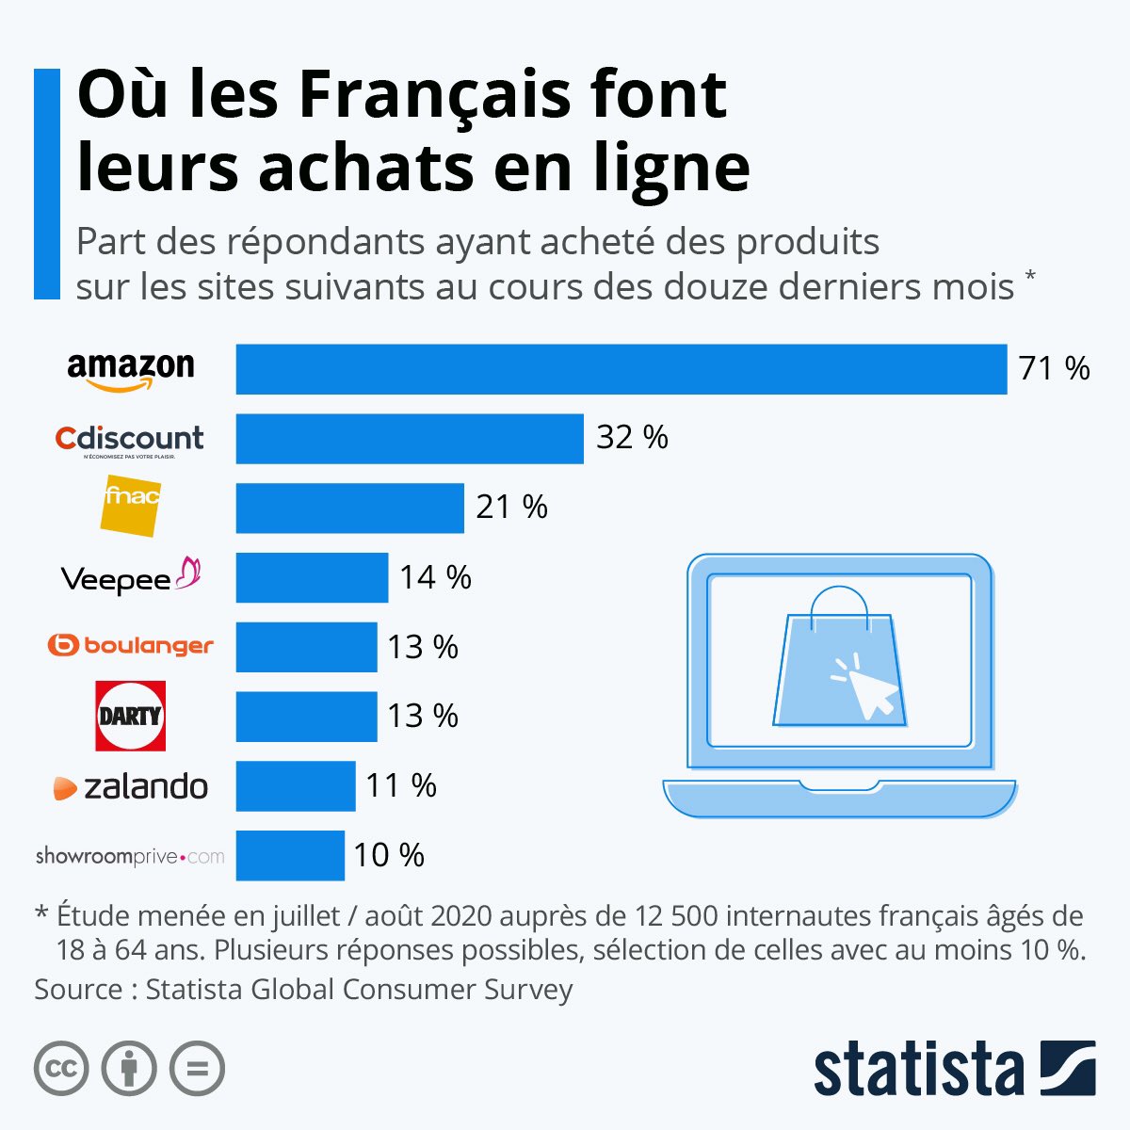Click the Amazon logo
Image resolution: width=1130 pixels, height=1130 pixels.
click(x=131, y=369)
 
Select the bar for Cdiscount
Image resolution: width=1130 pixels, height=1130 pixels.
click(x=410, y=439)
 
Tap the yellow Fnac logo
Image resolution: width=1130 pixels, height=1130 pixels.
click(x=130, y=507)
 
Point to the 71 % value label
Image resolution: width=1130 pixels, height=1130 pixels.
click(x=1054, y=368)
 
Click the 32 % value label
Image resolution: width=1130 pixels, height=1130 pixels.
click(x=632, y=438)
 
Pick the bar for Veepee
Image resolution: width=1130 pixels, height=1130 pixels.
click(x=312, y=577)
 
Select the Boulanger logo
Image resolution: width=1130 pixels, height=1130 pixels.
click(x=131, y=646)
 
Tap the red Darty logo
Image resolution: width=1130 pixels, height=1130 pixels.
click(x=131, y=716)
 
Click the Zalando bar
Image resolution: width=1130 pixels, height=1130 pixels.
click(x=296, y=786)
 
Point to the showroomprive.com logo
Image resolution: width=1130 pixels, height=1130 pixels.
click(x=130, y=856)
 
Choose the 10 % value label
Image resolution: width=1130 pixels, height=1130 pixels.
click(x=389, y=855)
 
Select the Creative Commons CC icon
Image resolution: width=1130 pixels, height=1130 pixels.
click(x=61, y=1069)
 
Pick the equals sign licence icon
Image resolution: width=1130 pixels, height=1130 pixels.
click(x=198, y=1069)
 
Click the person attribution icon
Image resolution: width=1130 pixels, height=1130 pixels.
click(x=129, y=1069)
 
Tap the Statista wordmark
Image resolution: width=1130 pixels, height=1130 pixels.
click(x=918, y=1070)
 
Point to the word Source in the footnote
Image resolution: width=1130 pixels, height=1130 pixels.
click(x=78, y=990)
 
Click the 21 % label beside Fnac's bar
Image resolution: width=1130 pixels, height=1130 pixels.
click(x=511, y=508)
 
